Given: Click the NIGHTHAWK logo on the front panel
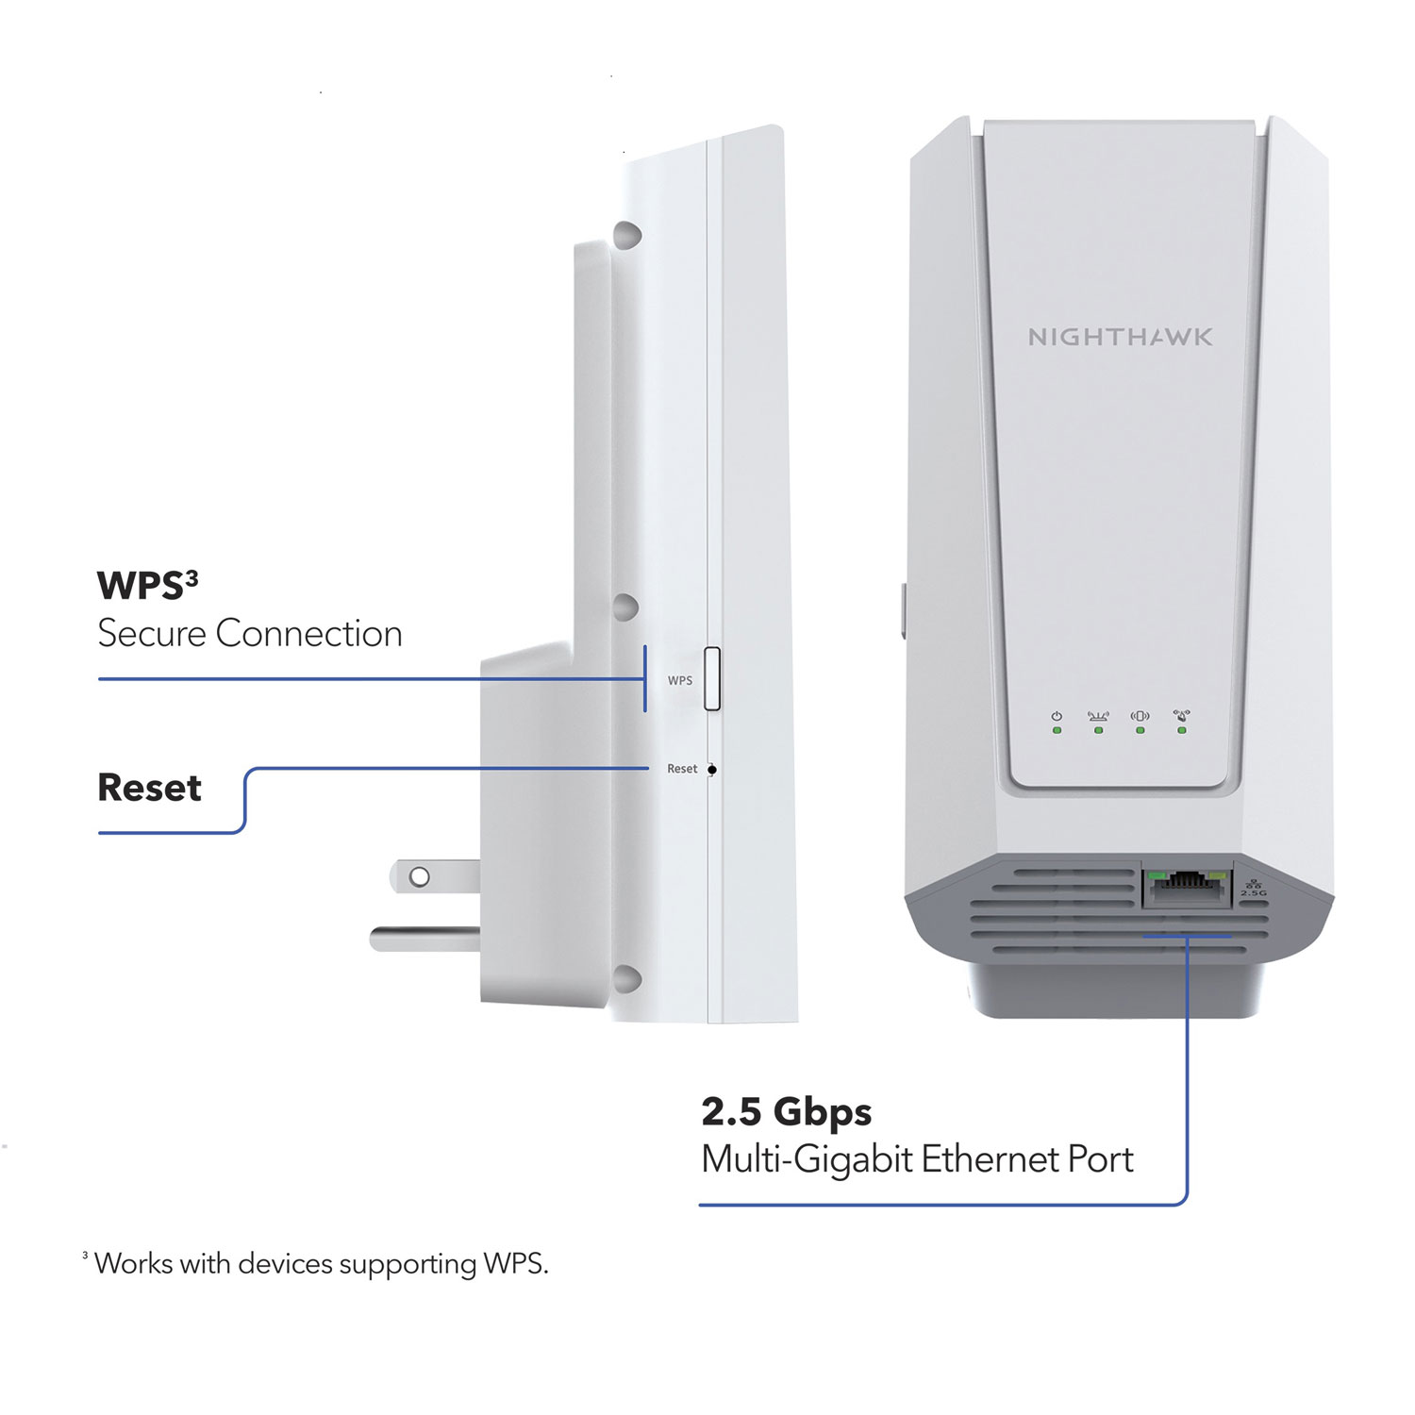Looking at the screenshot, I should tap(1120, 337).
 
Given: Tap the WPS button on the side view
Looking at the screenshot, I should tap(712, 679).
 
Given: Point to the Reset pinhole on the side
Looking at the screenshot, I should tap(712, 770).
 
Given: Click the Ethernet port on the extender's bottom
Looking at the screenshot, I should tap(1187, 887).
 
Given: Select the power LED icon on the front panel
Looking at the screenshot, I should tap(1057, 717).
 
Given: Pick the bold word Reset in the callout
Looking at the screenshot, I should tap(149, 788).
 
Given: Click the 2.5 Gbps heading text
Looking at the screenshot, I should tap(786, 1112).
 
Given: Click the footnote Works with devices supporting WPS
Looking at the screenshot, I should tap(321, 1263).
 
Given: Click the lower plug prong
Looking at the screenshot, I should tap(424, 939).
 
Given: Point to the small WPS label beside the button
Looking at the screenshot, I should tap(679, 680).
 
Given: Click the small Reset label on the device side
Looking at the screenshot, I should tap(681, 769).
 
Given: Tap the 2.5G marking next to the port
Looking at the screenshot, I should tap(1254, 892).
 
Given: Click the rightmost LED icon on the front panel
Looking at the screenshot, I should tap(1181, 717).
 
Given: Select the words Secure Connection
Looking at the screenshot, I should tap(250, 634).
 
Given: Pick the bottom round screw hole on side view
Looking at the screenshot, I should tap(626, 979).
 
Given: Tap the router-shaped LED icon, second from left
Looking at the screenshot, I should tap(1098, 717).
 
